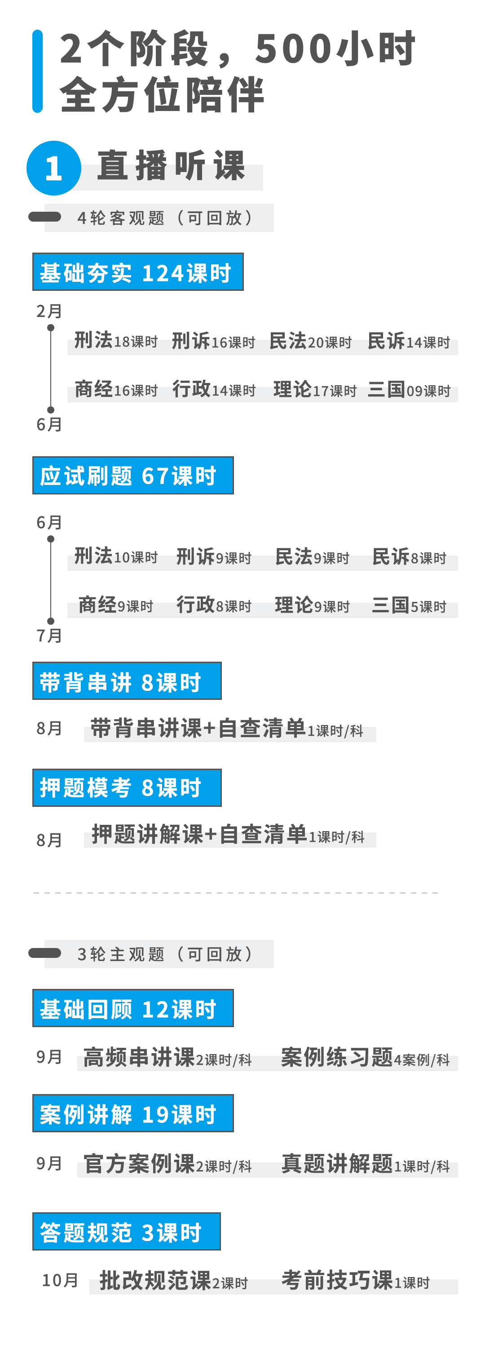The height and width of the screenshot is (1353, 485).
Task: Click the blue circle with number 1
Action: pos(53,168)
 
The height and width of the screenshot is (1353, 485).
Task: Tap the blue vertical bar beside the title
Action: pos(37,71)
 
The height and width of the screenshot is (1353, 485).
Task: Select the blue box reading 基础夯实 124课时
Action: pos(137,272)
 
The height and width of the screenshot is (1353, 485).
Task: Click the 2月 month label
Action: pos(49,311)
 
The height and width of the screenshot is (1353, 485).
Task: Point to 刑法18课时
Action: pos(116,341)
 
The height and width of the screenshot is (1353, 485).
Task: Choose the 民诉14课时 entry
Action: pos(408,342)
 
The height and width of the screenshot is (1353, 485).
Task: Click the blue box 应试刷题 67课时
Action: pos(133,475)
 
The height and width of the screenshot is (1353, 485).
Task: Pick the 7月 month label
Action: pos(49,636)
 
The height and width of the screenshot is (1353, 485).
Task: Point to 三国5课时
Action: pos(409,605)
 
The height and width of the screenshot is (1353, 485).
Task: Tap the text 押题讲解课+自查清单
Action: pos(199,834)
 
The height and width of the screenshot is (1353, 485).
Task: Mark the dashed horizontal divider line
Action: pos(236,892)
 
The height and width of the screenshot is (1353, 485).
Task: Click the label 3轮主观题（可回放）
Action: pos(165,954)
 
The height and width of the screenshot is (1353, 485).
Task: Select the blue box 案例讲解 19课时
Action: pos(133,1113)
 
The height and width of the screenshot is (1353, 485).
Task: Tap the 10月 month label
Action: pos(60,1281)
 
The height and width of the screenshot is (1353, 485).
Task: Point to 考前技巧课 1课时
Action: pos(355,1281)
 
